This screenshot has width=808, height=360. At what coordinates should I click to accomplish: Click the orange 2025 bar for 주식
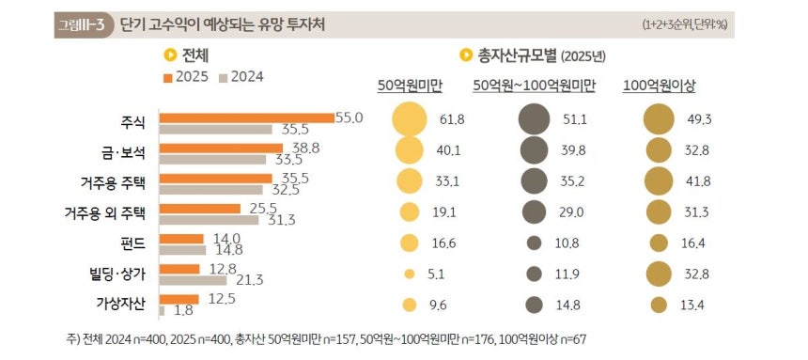click(247, 117)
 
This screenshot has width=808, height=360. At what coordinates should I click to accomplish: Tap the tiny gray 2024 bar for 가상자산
click(163, 310)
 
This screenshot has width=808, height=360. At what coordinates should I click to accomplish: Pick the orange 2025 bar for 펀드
click(181, 239)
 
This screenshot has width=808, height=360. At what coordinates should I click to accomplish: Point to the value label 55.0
click(349, 117)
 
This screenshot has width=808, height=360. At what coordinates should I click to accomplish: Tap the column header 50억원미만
click(410, 86)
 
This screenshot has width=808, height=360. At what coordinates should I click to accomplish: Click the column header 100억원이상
click(659, 86)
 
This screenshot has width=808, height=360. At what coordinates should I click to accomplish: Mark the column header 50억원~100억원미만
click(535, 86)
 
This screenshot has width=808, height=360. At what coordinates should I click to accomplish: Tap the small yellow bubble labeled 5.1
click(409, 274)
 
